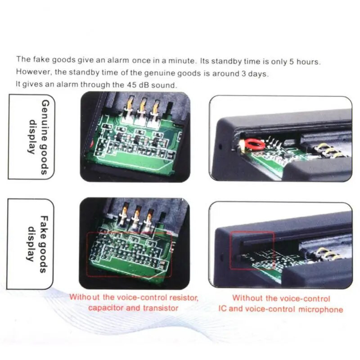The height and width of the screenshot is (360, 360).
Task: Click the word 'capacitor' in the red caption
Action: tap(105, 308)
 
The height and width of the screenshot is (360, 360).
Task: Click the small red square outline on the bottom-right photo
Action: tap(252, 250)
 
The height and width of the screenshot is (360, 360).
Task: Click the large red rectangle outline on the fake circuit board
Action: tap(130, 254)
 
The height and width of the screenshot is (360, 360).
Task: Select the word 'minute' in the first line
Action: tap(173, 60)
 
